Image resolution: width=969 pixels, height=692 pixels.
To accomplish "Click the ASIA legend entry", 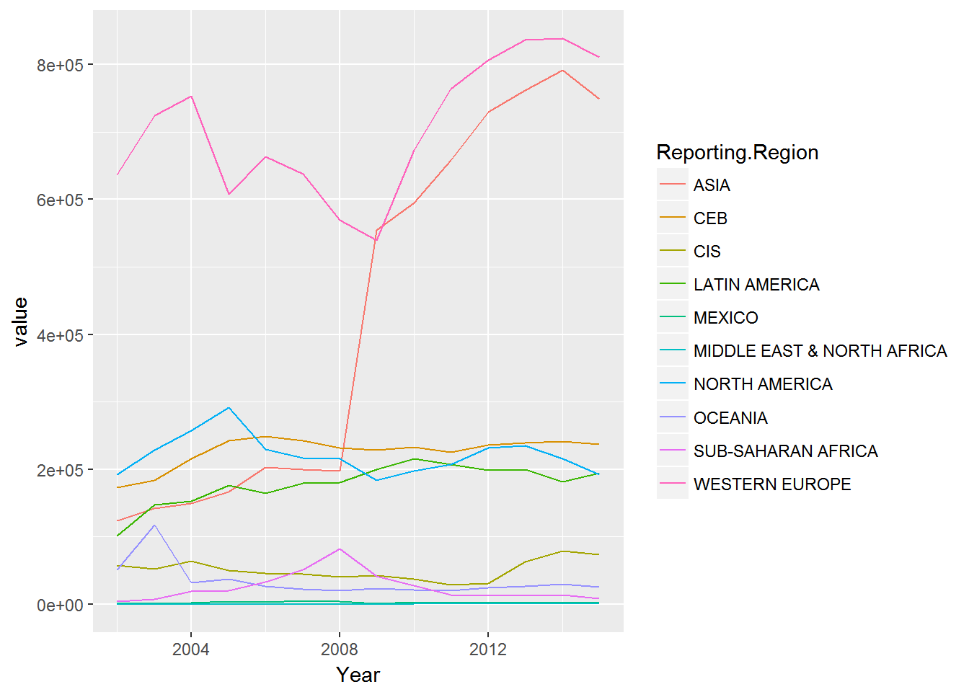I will [x=711, y=185].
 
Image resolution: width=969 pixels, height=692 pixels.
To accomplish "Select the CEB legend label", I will [x=709, y=218].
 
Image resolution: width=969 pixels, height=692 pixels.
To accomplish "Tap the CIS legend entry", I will [x=707, y=252].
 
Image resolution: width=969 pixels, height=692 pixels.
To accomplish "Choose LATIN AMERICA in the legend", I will [x=756, y=285].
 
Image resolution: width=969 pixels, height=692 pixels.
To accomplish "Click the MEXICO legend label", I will [x=725, y=318].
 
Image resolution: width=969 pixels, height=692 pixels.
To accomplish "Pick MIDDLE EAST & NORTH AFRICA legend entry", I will [x=819, y=351].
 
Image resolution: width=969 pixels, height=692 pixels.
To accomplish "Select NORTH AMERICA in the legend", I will [x=762, y=384].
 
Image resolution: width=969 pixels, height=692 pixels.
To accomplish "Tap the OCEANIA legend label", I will [x=730, y=418].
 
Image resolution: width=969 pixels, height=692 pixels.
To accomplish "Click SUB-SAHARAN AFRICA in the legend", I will [x=785, y=451].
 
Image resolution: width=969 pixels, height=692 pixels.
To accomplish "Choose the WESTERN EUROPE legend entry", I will [x=771, y=484].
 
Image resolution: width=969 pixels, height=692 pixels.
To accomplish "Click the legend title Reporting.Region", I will [x=737, y=153].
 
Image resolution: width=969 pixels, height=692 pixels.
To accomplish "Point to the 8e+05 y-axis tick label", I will [x=60, y=65].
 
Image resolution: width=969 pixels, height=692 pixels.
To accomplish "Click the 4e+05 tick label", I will [x=60, y=335].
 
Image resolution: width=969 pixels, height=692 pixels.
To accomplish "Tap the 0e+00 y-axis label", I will [x=60, y=605].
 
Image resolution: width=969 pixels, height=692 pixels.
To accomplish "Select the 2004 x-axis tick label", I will [x=191, y=649].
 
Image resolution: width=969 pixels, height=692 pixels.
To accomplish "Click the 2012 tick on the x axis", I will [x=488, y=649].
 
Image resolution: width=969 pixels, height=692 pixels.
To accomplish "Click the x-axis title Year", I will [x=358, y=675].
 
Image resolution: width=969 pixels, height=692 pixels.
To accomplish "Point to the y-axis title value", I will [x=20, y=321].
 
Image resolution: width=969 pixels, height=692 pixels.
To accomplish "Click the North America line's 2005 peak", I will [x=229, y=407].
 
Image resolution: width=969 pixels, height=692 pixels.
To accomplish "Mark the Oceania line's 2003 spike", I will [x=154, y=525].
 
